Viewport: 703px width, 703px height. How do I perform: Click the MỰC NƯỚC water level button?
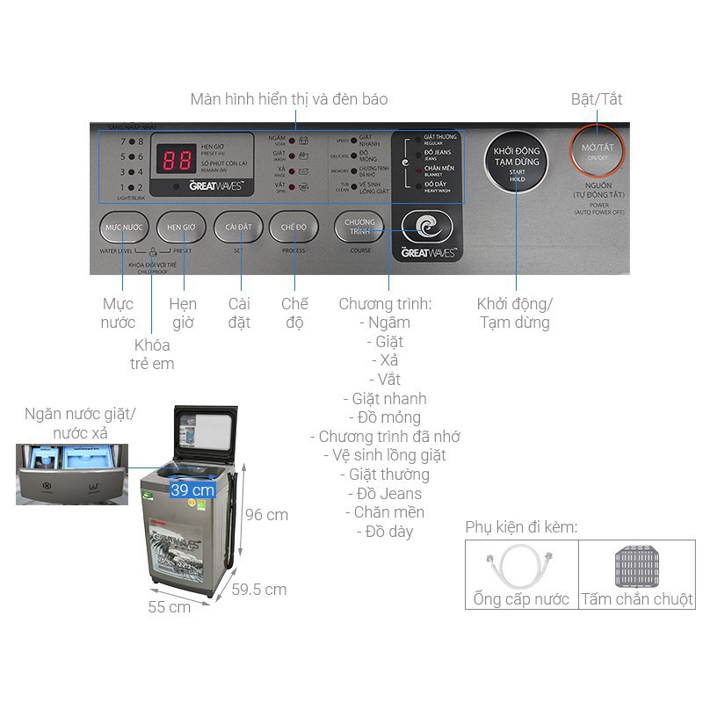[x=123, y=228]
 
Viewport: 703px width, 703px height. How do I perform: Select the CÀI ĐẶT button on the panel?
[x=239, y=228]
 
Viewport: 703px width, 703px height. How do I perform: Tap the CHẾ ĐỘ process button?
[x=294, y=228]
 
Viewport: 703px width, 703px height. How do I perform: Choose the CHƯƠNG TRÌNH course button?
[x=359, y=228]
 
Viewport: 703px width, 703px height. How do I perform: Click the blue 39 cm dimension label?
[x=192, y=489]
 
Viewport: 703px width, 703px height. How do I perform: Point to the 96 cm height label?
[x=266, y=515]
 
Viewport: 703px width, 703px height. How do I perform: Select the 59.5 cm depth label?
[x=259, y=590]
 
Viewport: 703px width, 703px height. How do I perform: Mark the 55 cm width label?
[x=170, y=607]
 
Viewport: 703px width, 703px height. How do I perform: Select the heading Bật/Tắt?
[x=597, y=99]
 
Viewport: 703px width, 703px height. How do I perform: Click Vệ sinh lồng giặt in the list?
[x=388, y=455]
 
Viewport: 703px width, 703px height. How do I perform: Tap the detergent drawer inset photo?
[x=71, y=475]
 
